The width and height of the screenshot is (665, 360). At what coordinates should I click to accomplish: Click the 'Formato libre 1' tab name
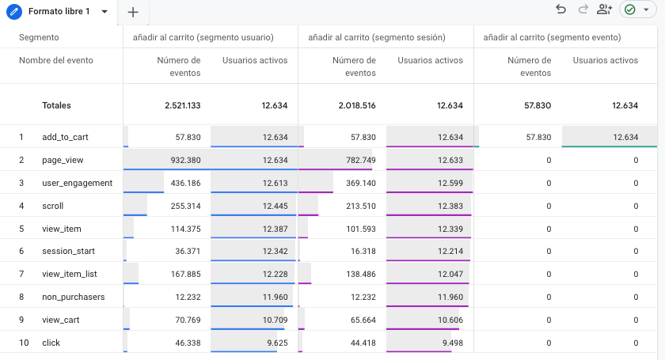pos(59,12)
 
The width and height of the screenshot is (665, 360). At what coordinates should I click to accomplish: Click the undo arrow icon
pos(560,9)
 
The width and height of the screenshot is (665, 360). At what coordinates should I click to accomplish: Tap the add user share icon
pos(605,9)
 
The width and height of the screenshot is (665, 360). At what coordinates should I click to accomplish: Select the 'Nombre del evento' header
pos(55,60)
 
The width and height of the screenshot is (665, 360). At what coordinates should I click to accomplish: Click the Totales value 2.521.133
pos(182,105)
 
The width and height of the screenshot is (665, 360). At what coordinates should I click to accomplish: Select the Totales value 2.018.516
pos(357,105)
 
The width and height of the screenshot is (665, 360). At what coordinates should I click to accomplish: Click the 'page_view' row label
pos(63,160)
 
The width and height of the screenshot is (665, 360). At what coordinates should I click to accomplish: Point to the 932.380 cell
pos(182,160)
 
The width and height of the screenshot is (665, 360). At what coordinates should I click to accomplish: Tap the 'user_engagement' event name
pos(77,183)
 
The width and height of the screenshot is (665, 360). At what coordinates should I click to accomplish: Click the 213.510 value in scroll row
pos(358,206)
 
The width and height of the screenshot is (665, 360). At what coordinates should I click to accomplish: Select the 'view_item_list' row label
pos(73,275)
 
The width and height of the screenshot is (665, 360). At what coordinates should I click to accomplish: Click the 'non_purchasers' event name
pos(73,297)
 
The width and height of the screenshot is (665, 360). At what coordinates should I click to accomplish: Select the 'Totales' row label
pos(58,105)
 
